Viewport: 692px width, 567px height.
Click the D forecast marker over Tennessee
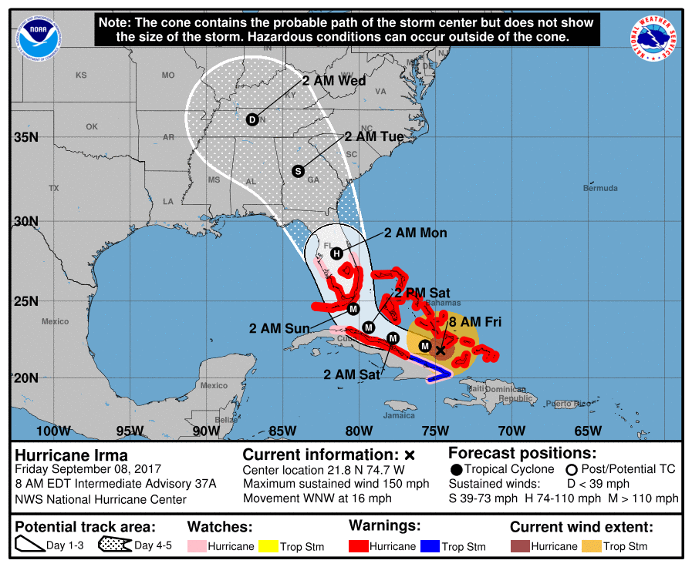(x=252, y=119)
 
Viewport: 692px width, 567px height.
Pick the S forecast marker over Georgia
(x=298, y=171)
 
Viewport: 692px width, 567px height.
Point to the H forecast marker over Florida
(x=336, y=253)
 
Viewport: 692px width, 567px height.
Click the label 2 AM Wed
(x=334, y=81)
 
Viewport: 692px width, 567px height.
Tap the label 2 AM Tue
(x=374, y=136)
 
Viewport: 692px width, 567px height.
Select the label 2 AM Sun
(x=279, y=328)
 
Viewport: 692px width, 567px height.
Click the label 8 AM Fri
(x=475, y=322)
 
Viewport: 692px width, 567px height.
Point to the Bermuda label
(x=600, y=188)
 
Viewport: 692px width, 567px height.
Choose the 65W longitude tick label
(x=587, y=431)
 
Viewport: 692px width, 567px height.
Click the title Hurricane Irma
(x=71, y=455)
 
